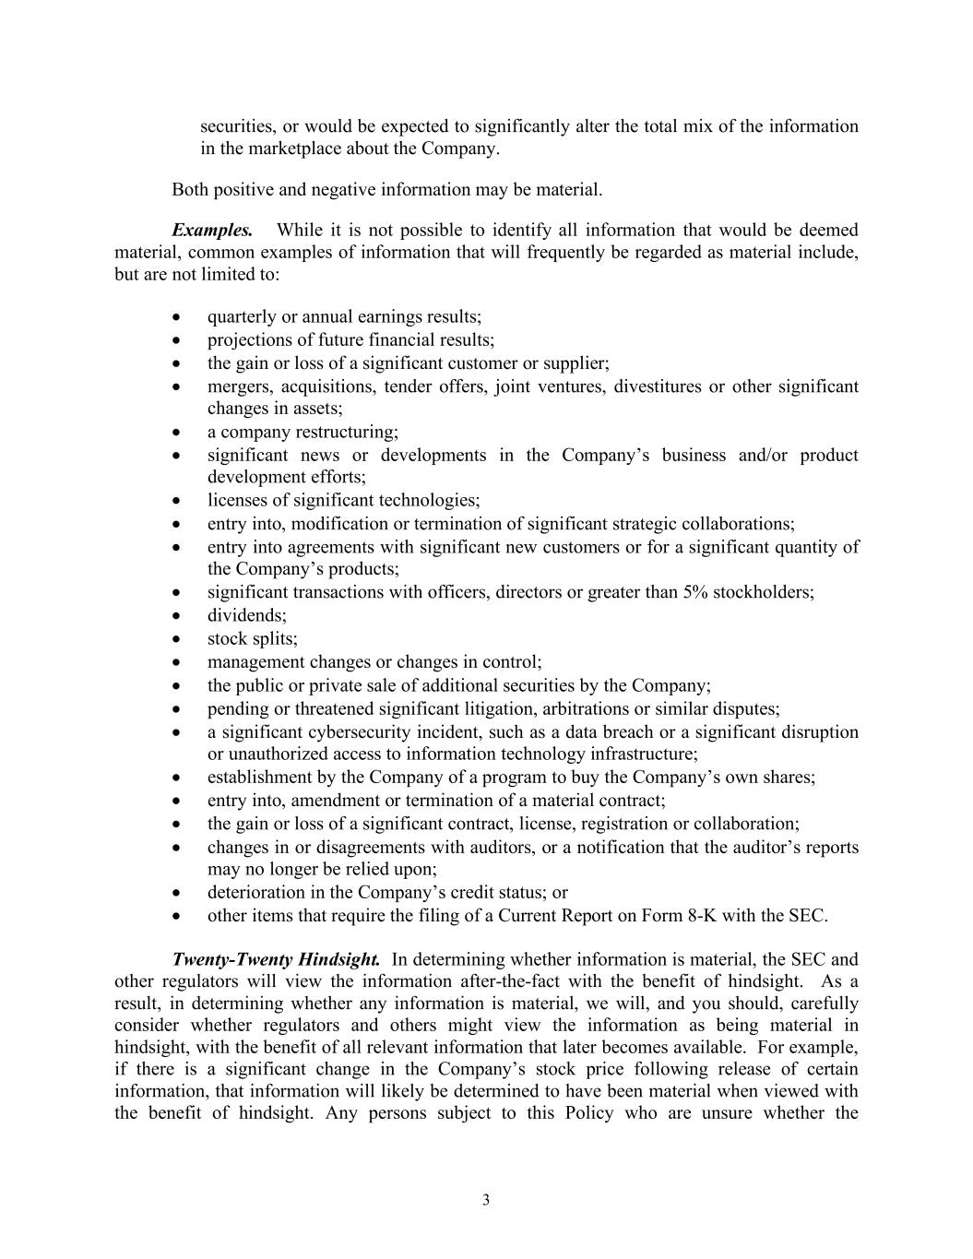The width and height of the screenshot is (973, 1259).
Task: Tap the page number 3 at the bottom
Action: (486, 1200)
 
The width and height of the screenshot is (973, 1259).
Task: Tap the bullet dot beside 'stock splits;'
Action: (176, 639)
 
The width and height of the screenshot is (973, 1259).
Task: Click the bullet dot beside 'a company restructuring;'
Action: (176, 433)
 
